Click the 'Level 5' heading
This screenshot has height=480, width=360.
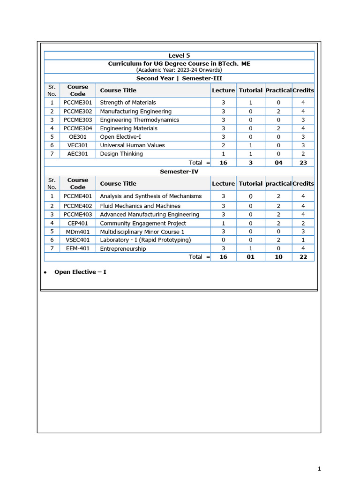179,55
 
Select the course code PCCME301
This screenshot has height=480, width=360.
78,103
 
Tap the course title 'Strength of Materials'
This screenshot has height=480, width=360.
128,103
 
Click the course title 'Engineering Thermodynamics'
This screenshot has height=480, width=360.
139,120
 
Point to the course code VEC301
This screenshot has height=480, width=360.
78,145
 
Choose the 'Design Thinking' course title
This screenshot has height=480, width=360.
121,154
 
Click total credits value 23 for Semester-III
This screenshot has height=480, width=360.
303,163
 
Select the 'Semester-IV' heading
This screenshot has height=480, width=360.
179,172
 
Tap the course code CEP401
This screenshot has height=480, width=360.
78,224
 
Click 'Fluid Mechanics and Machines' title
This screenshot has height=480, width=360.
140,206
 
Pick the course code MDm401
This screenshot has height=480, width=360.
78,232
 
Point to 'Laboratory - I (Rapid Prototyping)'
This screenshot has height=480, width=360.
145,240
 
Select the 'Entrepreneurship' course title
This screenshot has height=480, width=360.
123,249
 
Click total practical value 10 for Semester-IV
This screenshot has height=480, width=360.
278,257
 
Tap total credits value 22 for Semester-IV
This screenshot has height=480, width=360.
303,257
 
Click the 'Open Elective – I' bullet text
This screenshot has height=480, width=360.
80,272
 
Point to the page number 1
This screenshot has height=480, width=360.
319,468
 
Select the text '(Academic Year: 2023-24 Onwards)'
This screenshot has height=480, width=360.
179,70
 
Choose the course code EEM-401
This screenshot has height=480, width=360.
78,248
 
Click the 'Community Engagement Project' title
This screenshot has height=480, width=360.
143,224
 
